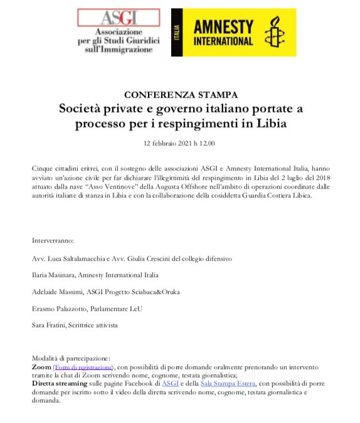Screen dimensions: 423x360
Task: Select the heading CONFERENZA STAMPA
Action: pos(181,95)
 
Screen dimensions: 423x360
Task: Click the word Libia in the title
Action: pos(269,122)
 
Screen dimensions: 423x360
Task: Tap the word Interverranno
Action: pos(53,240)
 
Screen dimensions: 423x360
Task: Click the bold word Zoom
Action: pos(41,367)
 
